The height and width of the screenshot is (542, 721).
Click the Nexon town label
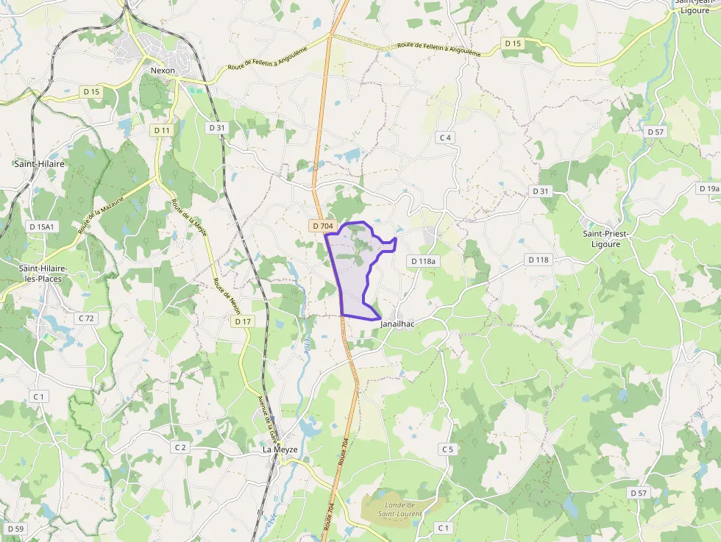[163, 71]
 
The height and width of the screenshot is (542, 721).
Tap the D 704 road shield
[323, 226]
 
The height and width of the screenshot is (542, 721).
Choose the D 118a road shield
[423, 261]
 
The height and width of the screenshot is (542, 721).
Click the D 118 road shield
[539, 260]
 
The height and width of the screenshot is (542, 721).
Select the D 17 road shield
[243, 321]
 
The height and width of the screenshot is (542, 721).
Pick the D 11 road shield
[162, 130]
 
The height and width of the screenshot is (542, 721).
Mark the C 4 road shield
[444, 138]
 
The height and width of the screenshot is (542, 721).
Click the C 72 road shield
[86, 318]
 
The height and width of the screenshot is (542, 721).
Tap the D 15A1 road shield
[40, 227]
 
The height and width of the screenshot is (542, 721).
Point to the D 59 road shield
[15, 529]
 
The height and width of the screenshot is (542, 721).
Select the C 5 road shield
[447, 449]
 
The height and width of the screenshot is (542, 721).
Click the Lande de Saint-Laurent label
[400, 509]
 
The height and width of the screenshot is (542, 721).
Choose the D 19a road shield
[708, 189]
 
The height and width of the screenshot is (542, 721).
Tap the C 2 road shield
[180, 447]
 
